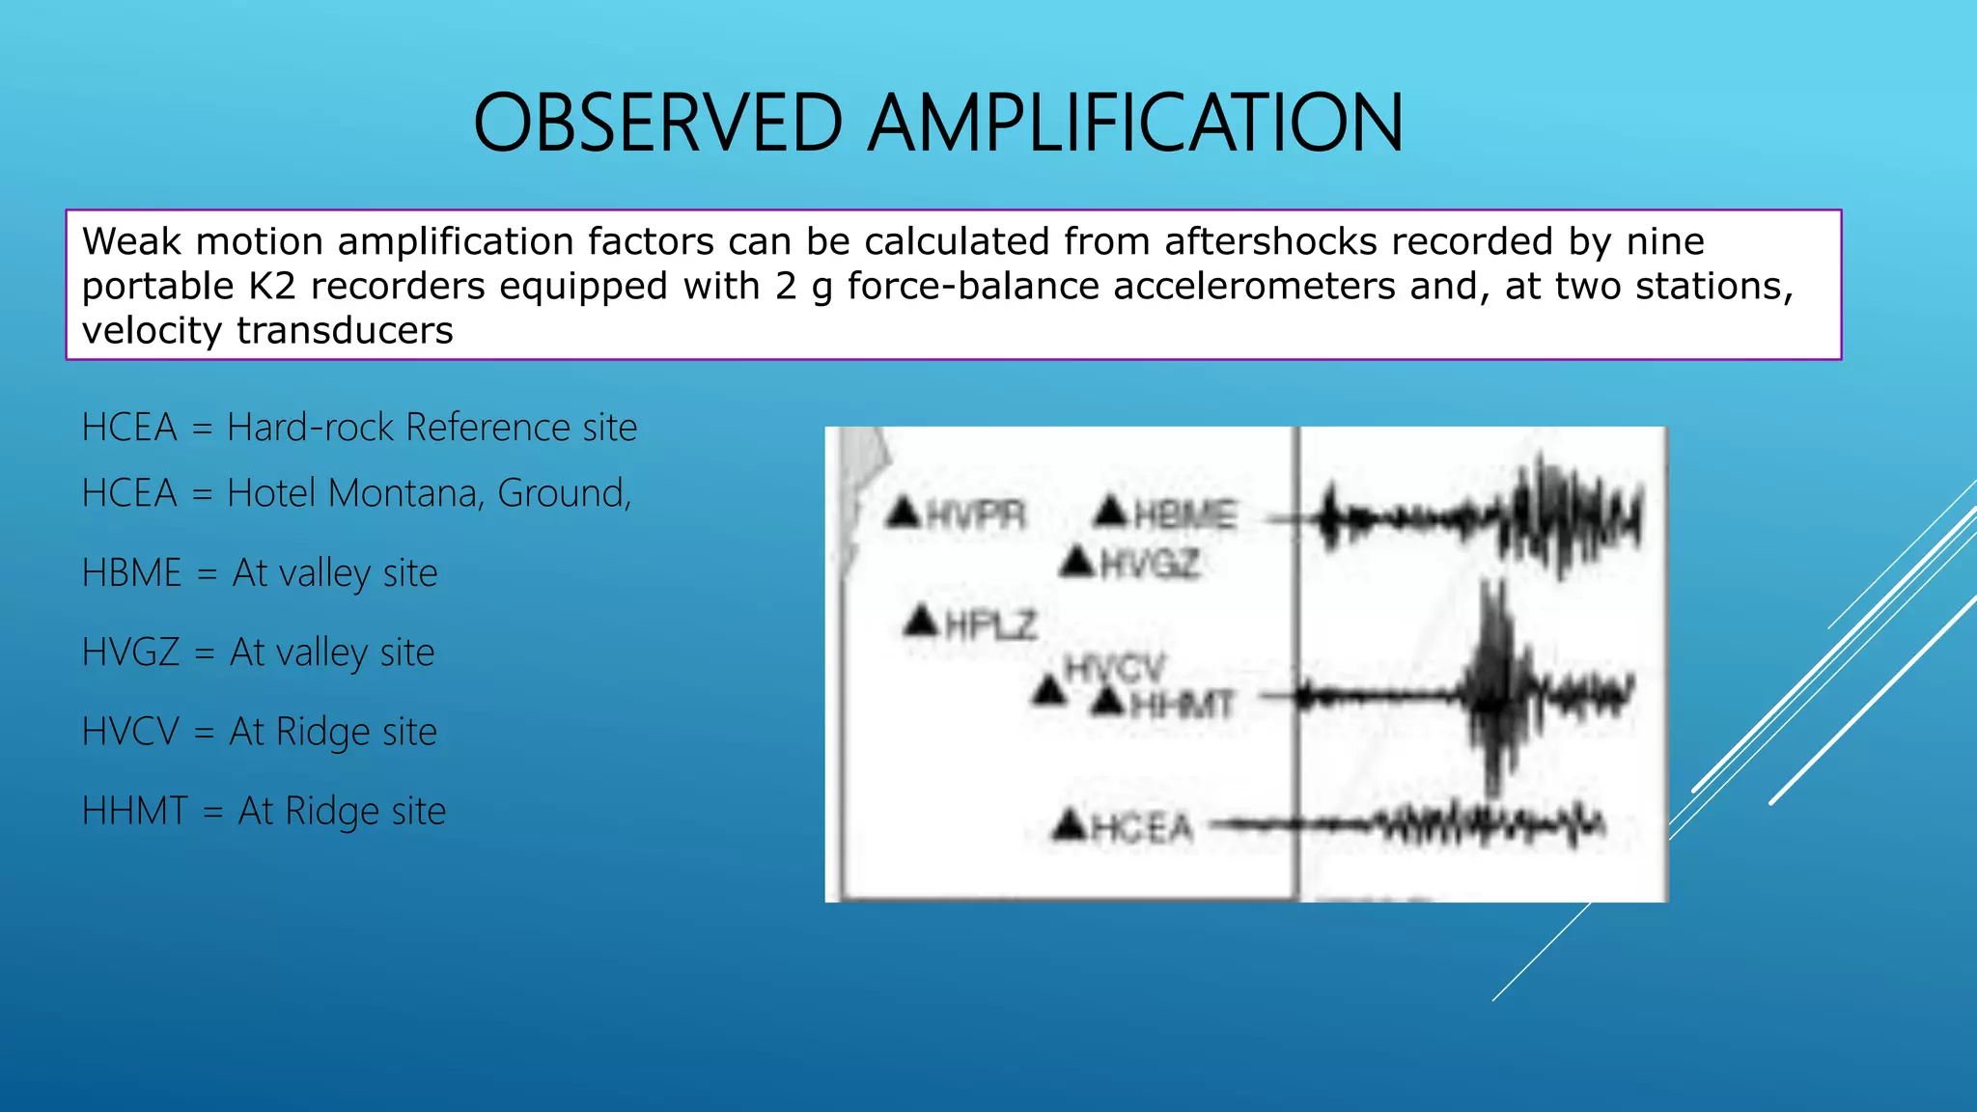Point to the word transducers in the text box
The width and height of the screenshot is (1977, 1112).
[345, 331]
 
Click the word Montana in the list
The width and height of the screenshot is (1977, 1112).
[404, 493]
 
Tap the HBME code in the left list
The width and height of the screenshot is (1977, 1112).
[131, 573]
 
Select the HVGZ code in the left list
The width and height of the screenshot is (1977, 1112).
[130, 653]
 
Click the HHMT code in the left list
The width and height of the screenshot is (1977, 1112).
[134, 811]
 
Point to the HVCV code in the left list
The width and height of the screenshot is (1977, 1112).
[130, 732]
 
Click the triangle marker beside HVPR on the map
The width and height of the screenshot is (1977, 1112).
[904, 512]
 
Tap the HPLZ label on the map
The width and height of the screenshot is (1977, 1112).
[990, 625]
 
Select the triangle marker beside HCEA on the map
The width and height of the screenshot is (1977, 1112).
[1070, 824]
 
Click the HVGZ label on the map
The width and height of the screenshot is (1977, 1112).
[1150, 564]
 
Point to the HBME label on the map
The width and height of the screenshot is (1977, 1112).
[1184, 514]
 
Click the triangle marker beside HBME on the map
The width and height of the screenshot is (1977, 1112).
[1111, 512]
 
